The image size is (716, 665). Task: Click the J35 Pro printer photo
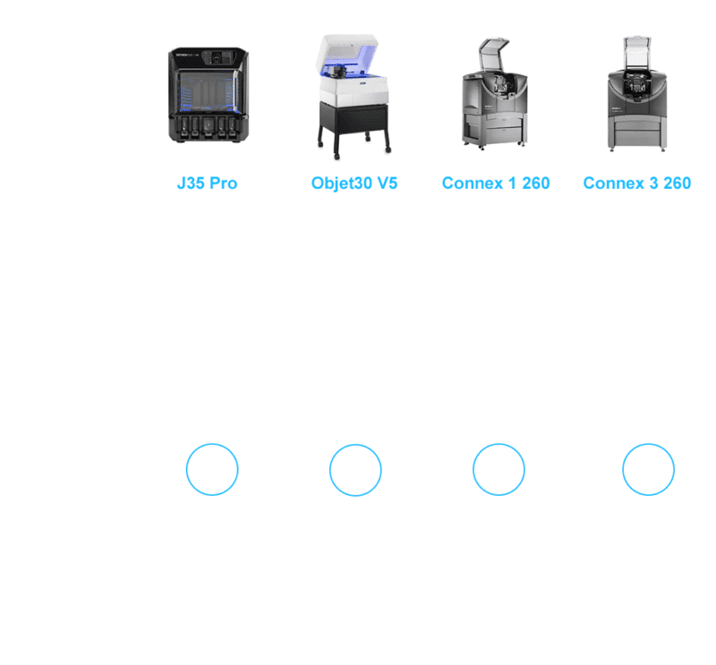(207, 96)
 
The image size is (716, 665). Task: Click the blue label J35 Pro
(207, 183)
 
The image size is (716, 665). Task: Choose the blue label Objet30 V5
(354, 183)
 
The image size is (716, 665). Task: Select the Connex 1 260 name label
(496, 183)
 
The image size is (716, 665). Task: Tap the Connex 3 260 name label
(636, 183)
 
